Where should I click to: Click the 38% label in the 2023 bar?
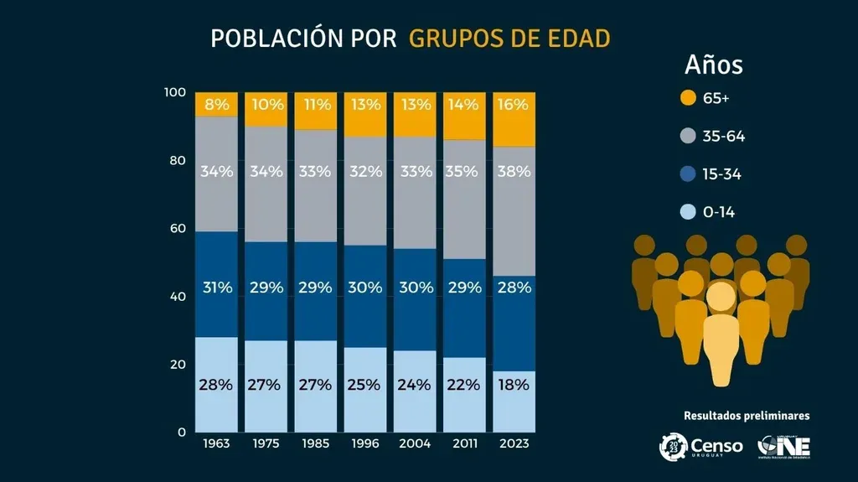click(514, 171)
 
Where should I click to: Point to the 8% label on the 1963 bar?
click(216, 105)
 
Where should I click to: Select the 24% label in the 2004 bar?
click(415, 385)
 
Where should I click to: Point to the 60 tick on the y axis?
click(176, 228)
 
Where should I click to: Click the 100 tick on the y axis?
click(174, 91)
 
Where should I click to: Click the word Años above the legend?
click(713, 65)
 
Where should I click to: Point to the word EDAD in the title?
click(576, 39)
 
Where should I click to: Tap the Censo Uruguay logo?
click(700, 446)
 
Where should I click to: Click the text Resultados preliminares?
click(747, 415)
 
